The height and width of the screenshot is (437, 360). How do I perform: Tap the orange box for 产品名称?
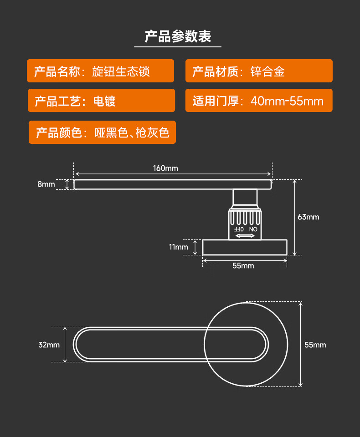[100, 71]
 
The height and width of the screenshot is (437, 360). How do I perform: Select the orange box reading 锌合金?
[259, 71]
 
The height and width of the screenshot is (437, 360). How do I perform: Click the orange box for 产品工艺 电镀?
[101, 101]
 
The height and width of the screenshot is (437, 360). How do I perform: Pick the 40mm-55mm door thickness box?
[259, 101]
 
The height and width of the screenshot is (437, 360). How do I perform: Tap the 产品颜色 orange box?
[102, 132]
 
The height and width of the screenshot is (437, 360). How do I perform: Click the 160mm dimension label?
[165, 168]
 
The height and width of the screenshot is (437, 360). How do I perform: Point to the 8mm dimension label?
[46, 184]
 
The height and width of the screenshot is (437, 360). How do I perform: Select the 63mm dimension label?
[309, 217]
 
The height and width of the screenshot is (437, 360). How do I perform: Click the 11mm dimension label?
[179, 247]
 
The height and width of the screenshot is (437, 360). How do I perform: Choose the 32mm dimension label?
[49, 345]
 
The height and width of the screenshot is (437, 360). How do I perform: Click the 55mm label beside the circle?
[315, 345]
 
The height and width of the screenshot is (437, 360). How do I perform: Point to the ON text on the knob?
[253, 229]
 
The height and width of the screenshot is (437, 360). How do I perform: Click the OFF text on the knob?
[239, 229]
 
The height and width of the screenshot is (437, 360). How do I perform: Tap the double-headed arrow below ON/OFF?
[245, 235]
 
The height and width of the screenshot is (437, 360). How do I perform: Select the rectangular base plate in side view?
[245, 247]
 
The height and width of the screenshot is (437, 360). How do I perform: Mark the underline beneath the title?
[178, 46]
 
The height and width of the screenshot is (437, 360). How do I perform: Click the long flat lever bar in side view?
[173, 184]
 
